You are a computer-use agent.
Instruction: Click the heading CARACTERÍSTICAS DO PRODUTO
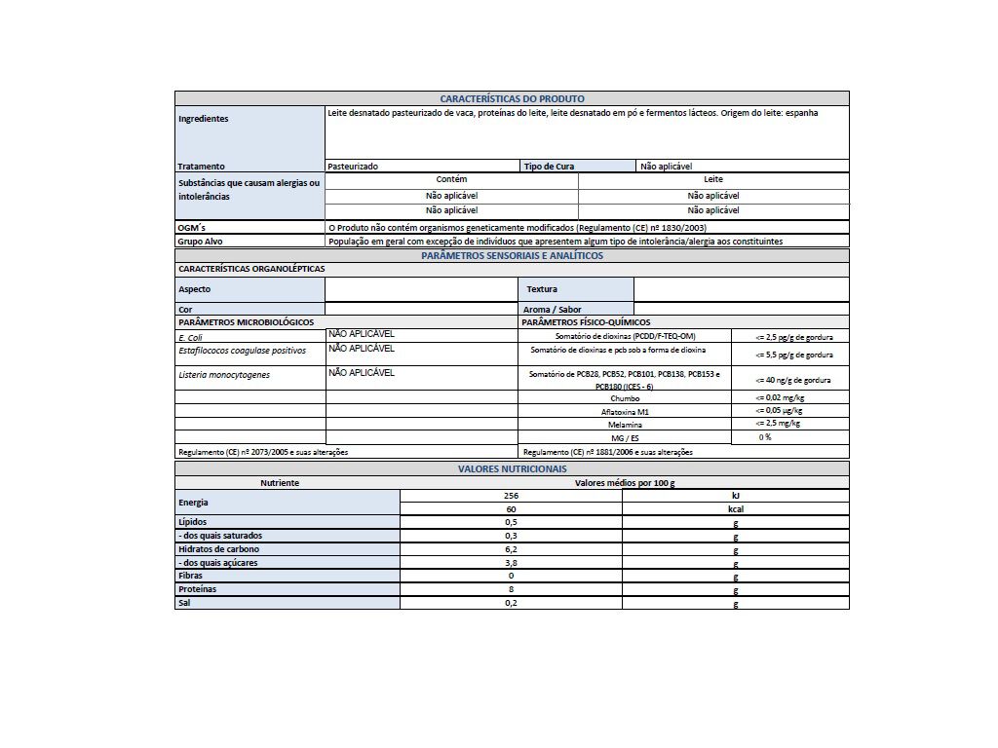tap(512, 98)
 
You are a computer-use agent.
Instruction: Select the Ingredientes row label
tap(204, 119)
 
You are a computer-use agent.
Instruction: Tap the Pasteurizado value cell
tap(353, 167)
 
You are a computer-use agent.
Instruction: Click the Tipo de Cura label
tap(549, 167)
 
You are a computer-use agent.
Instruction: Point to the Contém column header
tap(451, 180)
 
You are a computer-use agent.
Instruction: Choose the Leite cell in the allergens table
tap(713, 180)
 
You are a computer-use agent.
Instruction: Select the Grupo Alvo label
tap(199, 241)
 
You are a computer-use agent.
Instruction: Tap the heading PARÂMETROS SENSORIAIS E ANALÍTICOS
tap(512, 255)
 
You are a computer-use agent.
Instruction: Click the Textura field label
tap(542, 289)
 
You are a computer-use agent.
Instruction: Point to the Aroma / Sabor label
tap(552, 310)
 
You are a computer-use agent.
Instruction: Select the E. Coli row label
tap(190, 337)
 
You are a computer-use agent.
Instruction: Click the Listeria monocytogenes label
tap(223, 375)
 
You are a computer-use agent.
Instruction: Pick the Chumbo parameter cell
tap(625, 398)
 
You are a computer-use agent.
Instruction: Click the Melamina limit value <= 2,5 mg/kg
tap(778, 424)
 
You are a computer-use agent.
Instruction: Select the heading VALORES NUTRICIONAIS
tap(512, 468)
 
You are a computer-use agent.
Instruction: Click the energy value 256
tap(511, 496)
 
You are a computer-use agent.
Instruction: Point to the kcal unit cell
tap(736, 508)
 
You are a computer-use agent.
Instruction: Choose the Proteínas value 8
tap(511, 589)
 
